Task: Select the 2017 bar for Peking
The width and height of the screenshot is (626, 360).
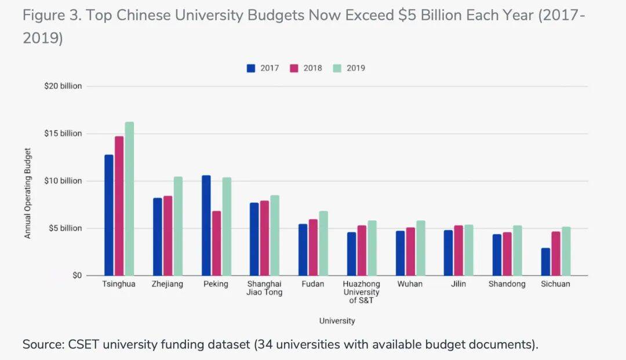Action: pos(206,226)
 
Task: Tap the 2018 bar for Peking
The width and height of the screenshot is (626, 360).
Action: pos(216,243)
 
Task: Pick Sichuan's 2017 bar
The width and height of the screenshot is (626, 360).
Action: pos(545,262)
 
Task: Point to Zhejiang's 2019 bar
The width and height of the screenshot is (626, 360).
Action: pos(178,226)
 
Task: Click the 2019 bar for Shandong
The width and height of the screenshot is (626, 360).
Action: pos(517,250)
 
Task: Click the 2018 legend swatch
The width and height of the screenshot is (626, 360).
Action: pos(294,68)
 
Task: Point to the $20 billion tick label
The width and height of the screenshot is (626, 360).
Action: pos(64,86)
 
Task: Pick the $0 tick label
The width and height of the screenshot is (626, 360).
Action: pos(77,275)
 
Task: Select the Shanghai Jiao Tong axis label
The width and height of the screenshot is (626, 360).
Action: pos(264,288)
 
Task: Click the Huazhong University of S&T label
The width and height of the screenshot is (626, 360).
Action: pos(361,292)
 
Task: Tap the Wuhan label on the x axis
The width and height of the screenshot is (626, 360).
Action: pos(410,284)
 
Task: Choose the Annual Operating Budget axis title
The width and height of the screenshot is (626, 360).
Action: pos(27,194)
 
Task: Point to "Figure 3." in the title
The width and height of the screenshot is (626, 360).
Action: pos(53,16)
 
